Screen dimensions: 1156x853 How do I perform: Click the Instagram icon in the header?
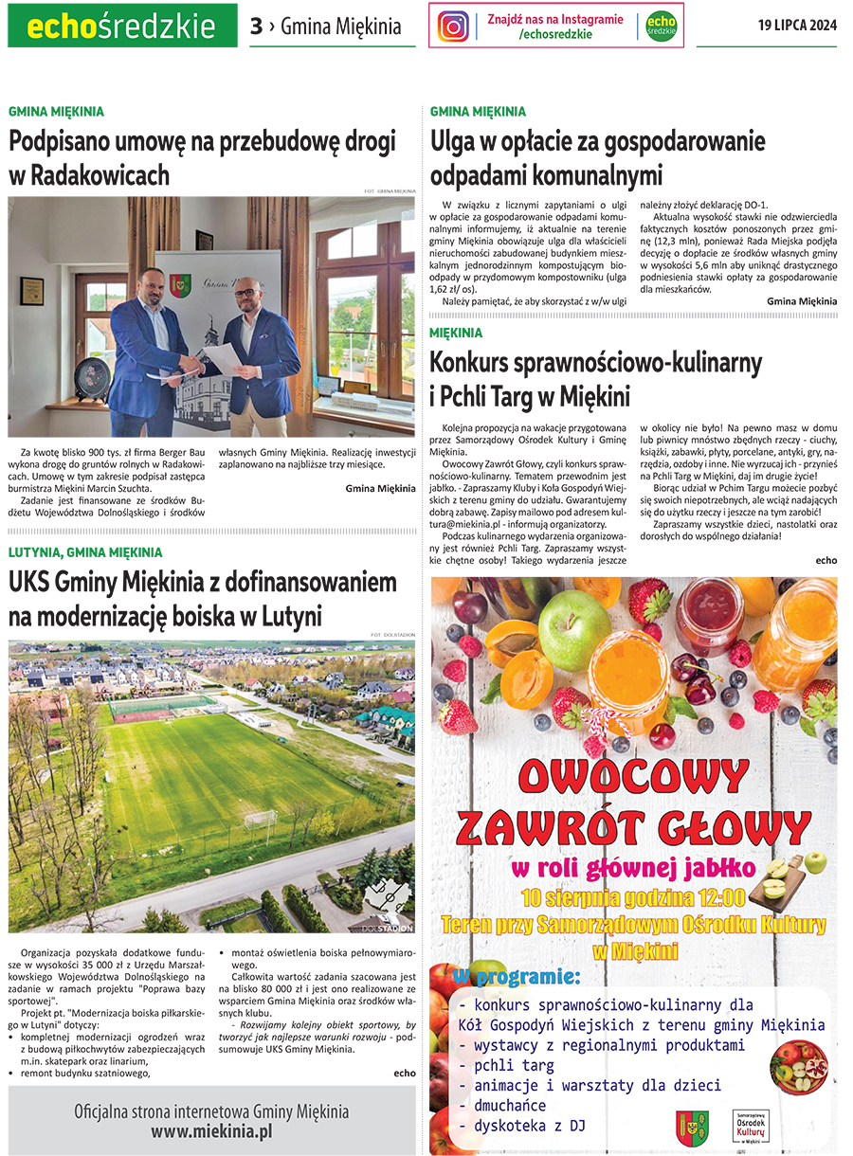(x=454, y=27)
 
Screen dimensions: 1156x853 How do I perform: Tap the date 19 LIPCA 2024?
(x=797, y=26)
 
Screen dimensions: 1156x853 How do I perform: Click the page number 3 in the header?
(x=256, y=27)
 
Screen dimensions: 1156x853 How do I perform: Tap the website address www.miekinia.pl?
(x=211, y=1130)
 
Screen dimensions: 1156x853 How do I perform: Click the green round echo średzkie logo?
(x=661, y=27)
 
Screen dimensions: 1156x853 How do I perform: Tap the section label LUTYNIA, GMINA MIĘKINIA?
(x=85, y=551)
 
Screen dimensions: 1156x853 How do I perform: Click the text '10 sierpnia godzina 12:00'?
(x=633, y=896)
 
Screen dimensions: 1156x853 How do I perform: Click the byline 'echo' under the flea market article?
(x=826, y=560)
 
